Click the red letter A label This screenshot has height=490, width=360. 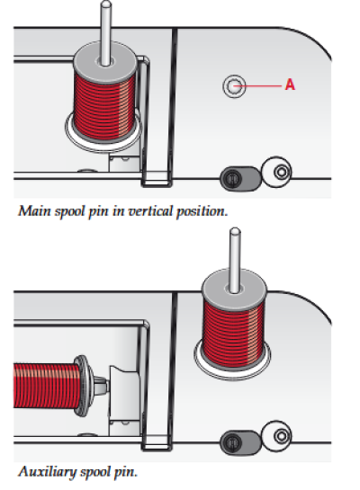290,85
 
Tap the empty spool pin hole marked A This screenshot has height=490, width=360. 234,86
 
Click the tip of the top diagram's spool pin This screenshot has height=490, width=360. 106,4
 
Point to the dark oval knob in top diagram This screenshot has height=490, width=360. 240,178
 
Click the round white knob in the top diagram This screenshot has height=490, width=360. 276,172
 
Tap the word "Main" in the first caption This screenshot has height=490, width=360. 34,211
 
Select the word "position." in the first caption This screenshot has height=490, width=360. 202,212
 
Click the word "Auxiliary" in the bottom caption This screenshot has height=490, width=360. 47,471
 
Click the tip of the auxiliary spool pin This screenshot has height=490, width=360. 235,231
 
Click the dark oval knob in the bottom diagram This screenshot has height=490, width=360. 240,442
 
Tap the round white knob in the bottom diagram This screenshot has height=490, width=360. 276,436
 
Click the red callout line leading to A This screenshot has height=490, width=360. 257,85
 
